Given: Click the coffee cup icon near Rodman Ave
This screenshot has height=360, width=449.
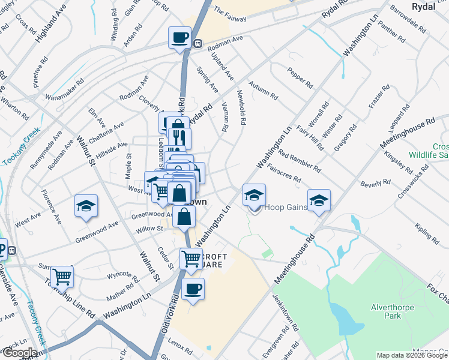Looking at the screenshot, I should (x=179, y=37).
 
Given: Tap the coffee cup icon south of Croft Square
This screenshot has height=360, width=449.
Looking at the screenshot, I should (x=193, y=289).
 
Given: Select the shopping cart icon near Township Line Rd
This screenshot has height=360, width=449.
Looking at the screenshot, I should (x=62, y=277).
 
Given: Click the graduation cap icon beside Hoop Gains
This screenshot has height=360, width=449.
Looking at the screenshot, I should (x=255, y=194).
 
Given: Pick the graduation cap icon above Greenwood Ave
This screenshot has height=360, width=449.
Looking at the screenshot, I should (x=86, y=205).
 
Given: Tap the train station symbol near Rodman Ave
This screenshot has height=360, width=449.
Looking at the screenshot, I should (x=197, y=43).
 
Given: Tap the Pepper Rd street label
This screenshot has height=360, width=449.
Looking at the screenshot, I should (x=301, y=77).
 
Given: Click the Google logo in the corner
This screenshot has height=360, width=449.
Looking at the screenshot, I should (x=19, y=353).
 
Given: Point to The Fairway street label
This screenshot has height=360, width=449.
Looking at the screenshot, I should (x=230, y=14).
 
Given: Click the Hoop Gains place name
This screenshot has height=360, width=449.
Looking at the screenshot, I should (x=286, y=208).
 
